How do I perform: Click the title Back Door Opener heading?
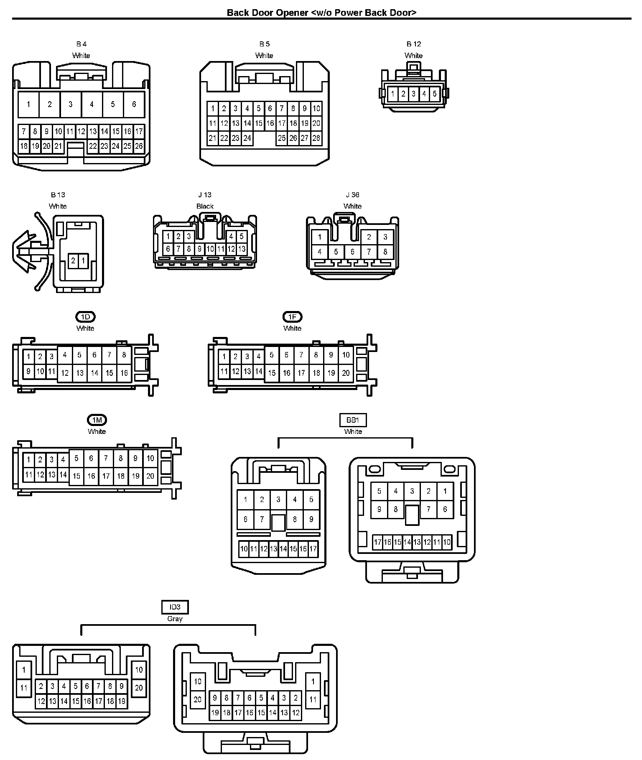(x=321, y=13)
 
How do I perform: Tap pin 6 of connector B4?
(x=134, y=104)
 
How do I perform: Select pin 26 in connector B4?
(x=139, y=146)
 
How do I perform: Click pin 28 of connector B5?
(x=316, y=138)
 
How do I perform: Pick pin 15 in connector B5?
(x=259, y=123)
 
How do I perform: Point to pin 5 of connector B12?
(x=435, y=94)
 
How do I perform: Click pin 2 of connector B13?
(x=73, y=261)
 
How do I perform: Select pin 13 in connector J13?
(x=242, y=249)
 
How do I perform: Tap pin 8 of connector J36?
(x=385, y=252)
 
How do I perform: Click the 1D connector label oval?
(x=85, y=317)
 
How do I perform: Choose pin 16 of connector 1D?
(x=124, y=373)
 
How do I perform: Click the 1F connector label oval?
(x=292, y=317)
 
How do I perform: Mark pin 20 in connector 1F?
(x=346, y=373)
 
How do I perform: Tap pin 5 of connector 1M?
(x=76, y=459)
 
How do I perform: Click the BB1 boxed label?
(x=353, y=420)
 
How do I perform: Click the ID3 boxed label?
(x=175, y=607)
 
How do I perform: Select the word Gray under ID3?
(x=175, y=619)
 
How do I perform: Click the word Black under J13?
(x=205, y=206)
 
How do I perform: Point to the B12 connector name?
(x=414, y=44)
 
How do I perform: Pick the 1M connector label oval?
(x=97, y=420)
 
